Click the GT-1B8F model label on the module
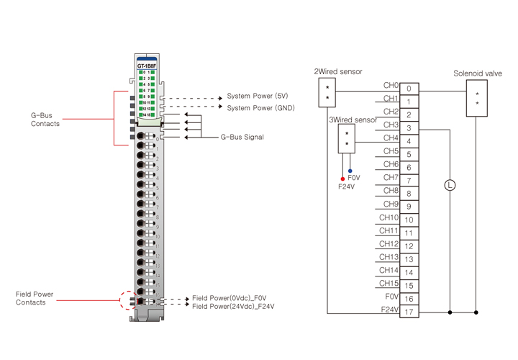click(x=147, y=66)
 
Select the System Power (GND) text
click(x=260, y=107)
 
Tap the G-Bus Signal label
click(x=242, y=137)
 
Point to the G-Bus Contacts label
click(x=45, y=120)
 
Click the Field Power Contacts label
click(x=35, y=298)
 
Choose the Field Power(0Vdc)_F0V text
click(x=229, y=297)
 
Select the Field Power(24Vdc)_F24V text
click(x=233, y=306)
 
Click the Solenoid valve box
click(x=477, y=98)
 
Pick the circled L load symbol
click(x=450, y=185)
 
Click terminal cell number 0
click(x=409, y=89)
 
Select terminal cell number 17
click(x=409, y=312)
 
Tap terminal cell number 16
click(x=409, y=299)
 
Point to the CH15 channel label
click(x=388, y=283)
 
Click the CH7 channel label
click(x=391, y=178)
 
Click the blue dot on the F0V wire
click(x=350, y=171)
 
